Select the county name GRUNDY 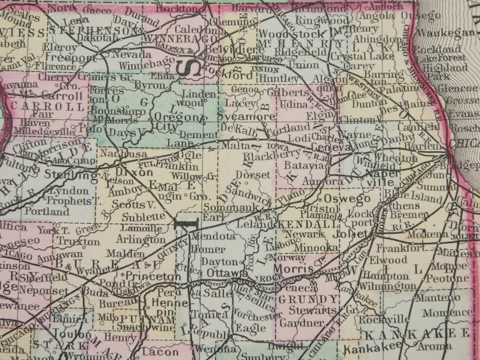coord(309,299)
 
